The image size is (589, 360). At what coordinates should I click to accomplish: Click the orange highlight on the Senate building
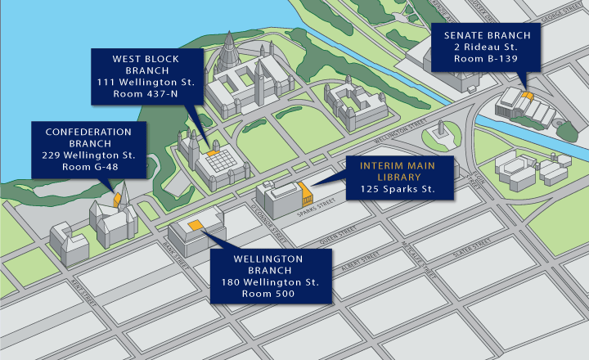coord(528,96)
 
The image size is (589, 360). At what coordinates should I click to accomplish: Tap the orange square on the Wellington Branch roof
coord(196,225)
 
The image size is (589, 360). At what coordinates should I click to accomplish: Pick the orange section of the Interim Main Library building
coord(306,195)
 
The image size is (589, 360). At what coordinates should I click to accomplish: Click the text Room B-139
coord(488,61)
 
